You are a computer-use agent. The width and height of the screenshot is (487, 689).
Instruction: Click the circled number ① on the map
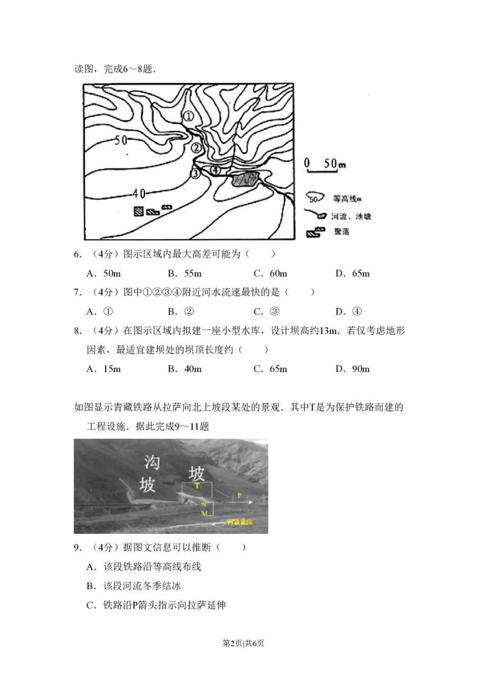point(189,116)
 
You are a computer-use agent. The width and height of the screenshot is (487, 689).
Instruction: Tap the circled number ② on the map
point(196,148)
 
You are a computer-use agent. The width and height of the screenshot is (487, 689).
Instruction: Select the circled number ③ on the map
point(195,174)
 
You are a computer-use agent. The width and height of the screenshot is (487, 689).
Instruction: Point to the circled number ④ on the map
point(215,170)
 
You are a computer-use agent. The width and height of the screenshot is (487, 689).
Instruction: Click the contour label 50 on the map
point(121,140)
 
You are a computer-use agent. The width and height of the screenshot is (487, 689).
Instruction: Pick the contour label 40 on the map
point(138,194)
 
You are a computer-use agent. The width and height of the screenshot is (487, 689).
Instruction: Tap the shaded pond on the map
point(245,179)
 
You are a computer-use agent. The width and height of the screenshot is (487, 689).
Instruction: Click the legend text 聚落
point(342,232)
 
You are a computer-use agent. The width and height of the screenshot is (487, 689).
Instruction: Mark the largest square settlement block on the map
point(139,211)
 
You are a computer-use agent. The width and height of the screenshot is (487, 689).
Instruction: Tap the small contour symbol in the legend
point(314,198)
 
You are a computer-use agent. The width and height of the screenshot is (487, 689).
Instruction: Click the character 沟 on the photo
point(152,463)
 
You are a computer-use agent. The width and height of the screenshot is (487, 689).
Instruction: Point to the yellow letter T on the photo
point(197,486)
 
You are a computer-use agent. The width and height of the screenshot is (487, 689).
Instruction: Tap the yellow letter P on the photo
point(239,496)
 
